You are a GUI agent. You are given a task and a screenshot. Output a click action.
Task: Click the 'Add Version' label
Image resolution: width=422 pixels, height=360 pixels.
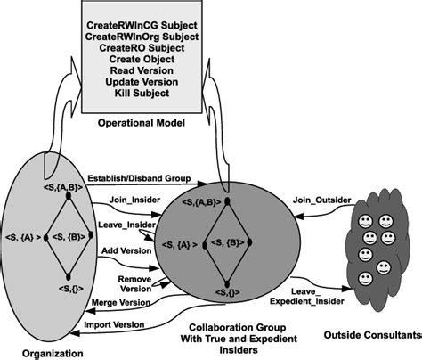point(126,252)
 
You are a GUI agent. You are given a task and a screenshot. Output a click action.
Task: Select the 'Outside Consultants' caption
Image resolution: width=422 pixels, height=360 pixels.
point(373,336)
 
